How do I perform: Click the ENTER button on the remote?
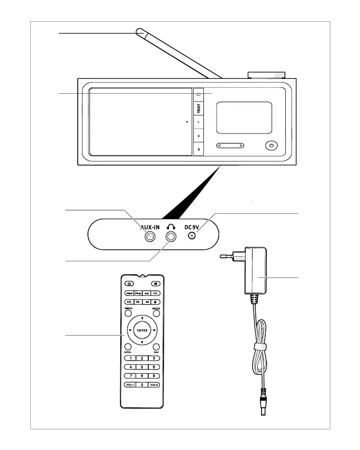tap(141, 330)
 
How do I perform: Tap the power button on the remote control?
tap(128, 283)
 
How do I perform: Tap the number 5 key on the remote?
tap(141, 367)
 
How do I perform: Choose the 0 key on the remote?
tap(141, 384)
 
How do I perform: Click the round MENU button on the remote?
tap(129, 314)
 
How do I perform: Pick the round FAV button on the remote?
tap(156, 347)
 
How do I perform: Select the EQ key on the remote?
tap(156, 292)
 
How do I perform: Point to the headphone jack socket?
tap(170, 238)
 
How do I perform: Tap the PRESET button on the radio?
tap(198, 109)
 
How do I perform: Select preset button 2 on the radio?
tap(198, 136)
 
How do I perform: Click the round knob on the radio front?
tap(272, 146)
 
